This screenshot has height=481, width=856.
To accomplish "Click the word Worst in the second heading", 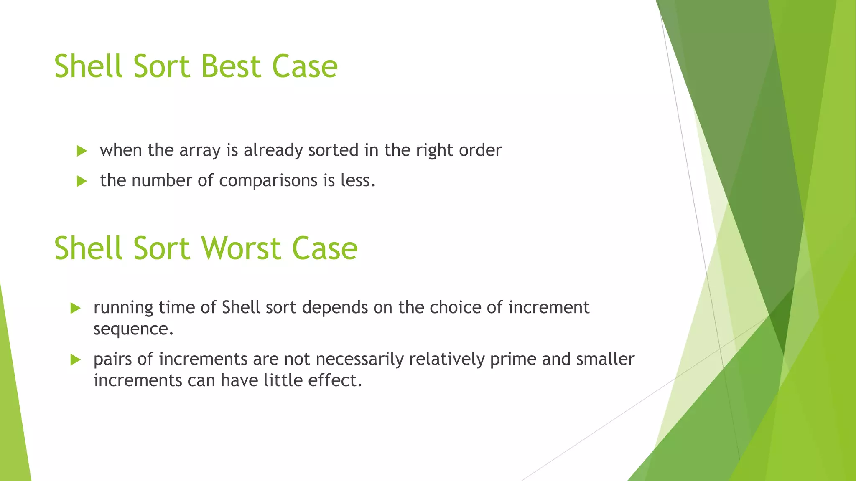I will pos(241,248).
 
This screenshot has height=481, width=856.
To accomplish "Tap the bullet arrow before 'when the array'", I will pos(82,151).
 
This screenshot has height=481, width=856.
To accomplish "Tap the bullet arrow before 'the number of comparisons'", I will pos(82,181).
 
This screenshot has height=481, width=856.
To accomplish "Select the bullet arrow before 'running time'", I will pos(76,308).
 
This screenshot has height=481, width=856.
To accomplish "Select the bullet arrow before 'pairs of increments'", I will pos(76,359).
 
